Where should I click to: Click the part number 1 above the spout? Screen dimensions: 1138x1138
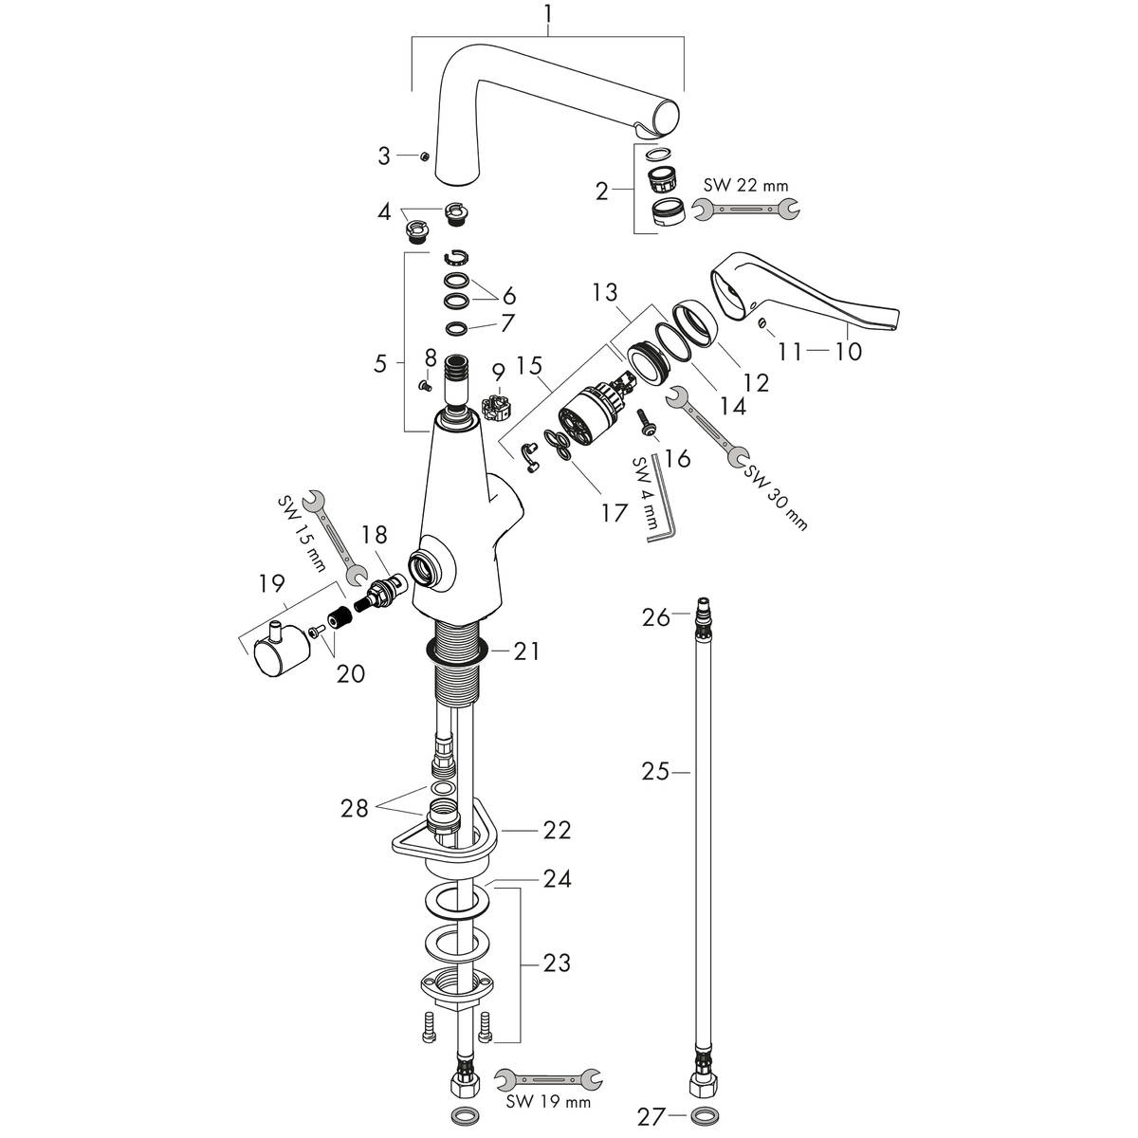[549, 13]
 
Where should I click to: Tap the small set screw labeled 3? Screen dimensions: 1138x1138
[423, 156]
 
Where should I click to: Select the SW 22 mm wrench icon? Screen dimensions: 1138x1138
[745, 209]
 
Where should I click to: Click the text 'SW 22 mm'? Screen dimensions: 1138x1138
[746, 186]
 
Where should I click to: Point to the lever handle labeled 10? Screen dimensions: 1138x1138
[803, 295]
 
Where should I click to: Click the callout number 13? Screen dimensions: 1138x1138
[605, 292]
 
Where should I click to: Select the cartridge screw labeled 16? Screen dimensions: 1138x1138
[647, 423]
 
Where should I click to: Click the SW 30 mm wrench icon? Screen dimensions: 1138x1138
[707, 427]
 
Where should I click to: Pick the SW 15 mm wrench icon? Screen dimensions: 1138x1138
[335, 538]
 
